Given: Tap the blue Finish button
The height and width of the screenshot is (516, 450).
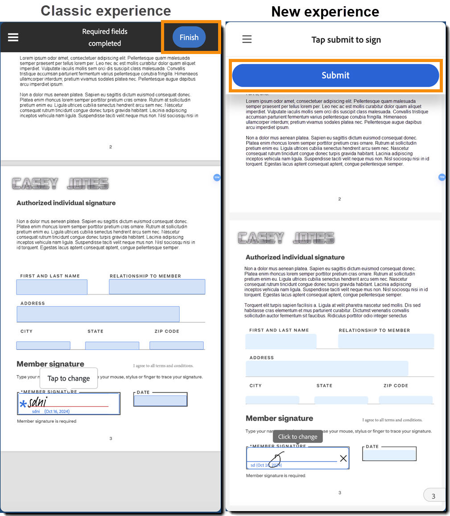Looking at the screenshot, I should point(189,37).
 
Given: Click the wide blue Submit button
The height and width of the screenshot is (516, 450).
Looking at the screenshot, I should point(335,75).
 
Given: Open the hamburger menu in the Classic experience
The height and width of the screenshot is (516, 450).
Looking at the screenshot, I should point(13,37).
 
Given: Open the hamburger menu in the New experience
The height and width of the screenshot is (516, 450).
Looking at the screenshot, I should point(247,39).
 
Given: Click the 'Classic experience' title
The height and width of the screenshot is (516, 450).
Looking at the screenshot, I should point(106,11).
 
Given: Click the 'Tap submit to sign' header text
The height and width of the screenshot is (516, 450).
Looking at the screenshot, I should point(346,40).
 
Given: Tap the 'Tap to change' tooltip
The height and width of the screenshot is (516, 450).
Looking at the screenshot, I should point(69,378).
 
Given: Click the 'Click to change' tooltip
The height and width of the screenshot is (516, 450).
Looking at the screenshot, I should point(297,437).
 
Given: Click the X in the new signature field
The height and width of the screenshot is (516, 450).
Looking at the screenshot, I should point(343,458).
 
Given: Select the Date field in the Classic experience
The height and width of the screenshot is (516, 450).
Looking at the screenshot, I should point(161,400).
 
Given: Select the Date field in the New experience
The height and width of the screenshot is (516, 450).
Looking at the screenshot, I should point(389,455).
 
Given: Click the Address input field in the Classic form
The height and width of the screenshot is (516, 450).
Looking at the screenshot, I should point(98,314).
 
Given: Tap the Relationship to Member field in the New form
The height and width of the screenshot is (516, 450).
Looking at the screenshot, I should point(386,341).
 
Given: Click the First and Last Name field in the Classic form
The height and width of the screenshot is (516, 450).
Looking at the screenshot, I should point(52,287).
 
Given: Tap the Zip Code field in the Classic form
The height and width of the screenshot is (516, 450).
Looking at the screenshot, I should point(176,345).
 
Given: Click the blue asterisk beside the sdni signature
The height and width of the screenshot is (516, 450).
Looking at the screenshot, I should point(23,404).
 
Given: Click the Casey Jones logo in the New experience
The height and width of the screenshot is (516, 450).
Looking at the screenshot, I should point(286,238).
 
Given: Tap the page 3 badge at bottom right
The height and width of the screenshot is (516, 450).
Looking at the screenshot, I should point(433,496).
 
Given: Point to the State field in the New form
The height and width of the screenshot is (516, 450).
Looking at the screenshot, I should point(341,399).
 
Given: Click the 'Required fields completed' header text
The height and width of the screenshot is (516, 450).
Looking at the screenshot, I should point(105,37).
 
